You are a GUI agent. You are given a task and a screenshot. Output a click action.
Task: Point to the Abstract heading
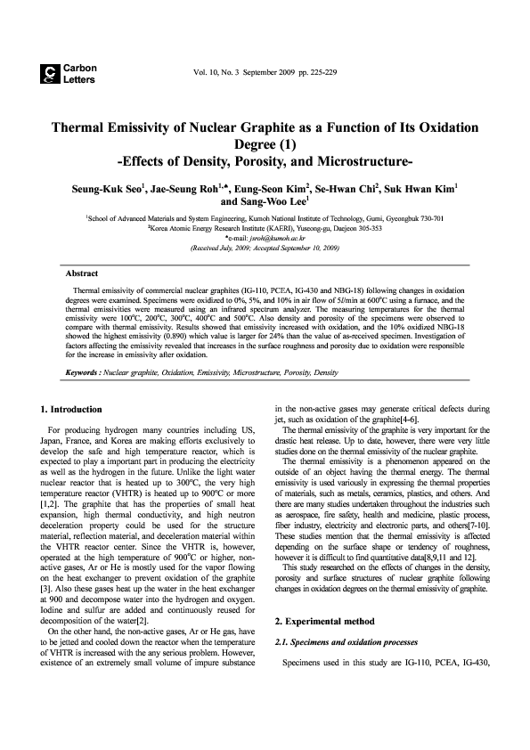pos(81,273)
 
